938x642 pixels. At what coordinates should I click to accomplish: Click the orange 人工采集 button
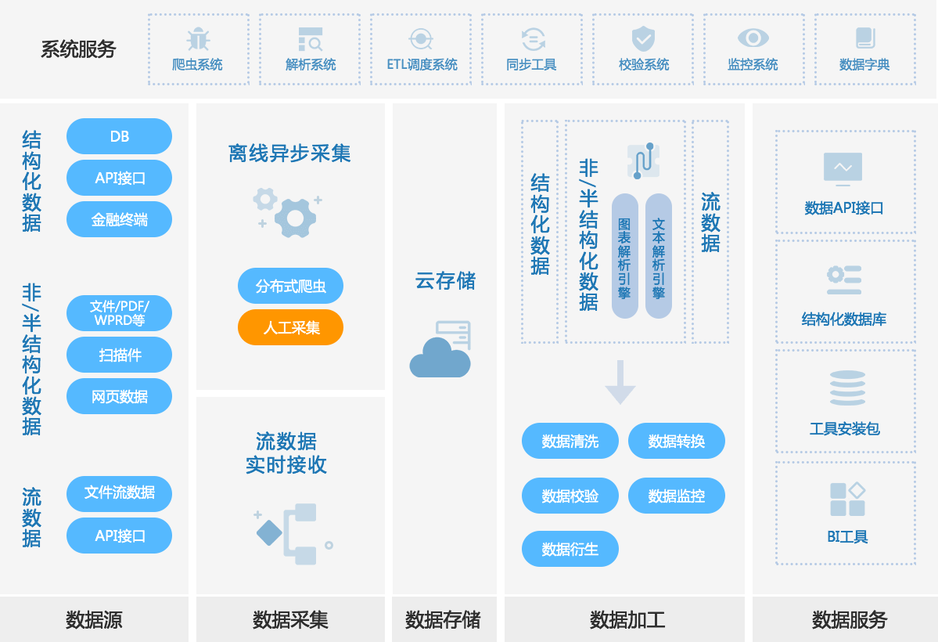tap(290, 327)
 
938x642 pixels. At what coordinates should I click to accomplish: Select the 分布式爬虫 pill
tap(290, 287)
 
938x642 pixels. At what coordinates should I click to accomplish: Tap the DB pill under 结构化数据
tap(119, 136)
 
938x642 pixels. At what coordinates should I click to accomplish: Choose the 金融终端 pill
tap(119, 220)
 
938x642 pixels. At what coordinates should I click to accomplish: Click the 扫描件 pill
tap(119, 355)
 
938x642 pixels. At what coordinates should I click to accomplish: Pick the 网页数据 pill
tap(119, 396)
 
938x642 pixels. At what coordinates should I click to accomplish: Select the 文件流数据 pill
tap(119, 493)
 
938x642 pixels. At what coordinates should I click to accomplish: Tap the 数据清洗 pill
tap(570, 442)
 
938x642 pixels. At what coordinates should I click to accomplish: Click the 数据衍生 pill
tap(570, 550)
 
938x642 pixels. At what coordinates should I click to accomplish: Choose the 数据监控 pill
tap(676, 496)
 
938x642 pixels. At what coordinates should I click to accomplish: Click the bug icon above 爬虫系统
tap(198, 38)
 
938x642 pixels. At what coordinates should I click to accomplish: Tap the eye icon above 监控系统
tap(753, 38)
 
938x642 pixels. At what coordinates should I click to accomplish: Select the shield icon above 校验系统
tap(643, 38)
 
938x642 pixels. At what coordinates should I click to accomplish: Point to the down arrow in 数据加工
tap(620, 382)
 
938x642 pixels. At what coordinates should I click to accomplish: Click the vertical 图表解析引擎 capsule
tap(624, 256)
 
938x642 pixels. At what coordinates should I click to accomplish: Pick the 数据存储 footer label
tap(443, 621)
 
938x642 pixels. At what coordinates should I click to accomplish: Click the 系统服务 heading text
tap(78, 49)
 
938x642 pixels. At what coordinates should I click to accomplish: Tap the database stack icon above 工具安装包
tap(845, 388)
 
